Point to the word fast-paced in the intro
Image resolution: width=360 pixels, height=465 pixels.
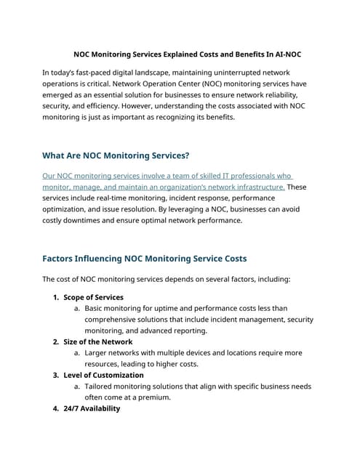coord(94,73)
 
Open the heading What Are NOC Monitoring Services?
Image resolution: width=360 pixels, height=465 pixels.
coord(116,155)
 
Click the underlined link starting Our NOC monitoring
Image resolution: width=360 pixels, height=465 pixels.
coord(167,176)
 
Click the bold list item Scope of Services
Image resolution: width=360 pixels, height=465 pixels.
coord(93,297)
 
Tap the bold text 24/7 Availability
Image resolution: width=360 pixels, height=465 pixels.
coord(92,408)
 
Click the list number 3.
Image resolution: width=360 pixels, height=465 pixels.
coord(55,375)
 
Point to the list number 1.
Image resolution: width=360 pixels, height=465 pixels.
coord(55,297)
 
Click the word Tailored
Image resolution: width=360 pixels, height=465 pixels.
coord(103,387)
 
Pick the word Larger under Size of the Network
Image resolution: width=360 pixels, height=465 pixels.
coord(100,353)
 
